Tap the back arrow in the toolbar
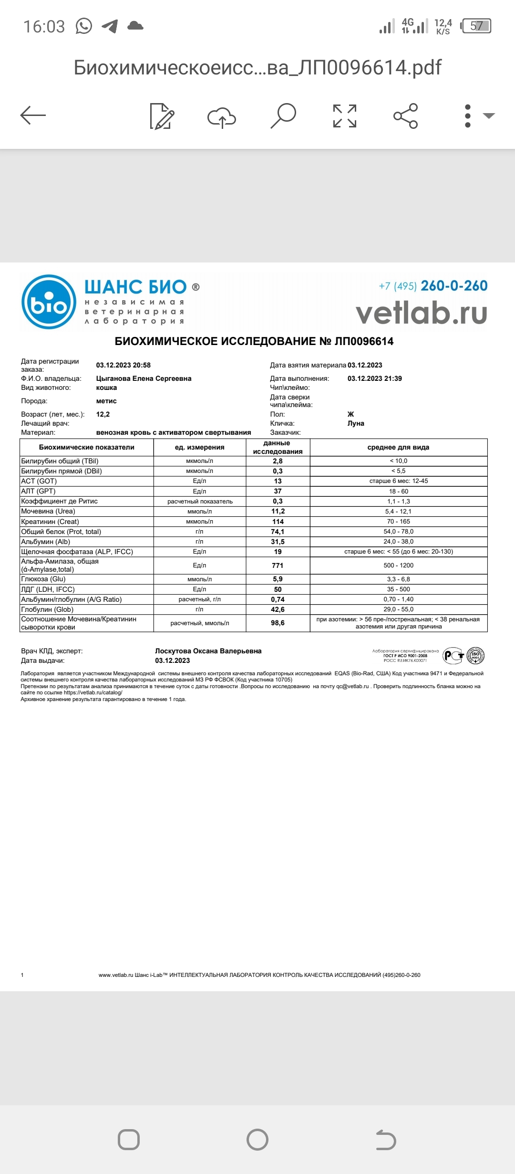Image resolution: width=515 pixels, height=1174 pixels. point(33,115)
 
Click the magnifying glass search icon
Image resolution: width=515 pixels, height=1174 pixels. point(283,115)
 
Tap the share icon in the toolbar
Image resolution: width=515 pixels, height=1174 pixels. point(405,116)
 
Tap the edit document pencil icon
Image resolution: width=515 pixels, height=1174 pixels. point(162,116)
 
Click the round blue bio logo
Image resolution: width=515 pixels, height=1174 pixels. point(49,302)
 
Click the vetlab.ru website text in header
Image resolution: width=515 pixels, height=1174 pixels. point(422,313)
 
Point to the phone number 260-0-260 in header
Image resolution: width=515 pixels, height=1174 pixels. point(454,286)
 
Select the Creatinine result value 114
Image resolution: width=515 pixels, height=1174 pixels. point(278,522)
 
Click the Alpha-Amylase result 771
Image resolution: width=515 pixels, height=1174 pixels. point(278,566)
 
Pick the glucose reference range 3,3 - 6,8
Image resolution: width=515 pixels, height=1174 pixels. point(398,579)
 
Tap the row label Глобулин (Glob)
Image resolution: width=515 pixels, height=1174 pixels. point(47,609)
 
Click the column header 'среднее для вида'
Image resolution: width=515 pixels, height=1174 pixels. point(398,447)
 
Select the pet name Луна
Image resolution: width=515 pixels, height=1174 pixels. point(356,423)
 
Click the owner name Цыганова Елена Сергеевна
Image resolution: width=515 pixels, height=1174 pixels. point(144,378)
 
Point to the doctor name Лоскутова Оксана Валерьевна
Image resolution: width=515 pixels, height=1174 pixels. point(208,651)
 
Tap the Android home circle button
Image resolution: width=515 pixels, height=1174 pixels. point(257,1140)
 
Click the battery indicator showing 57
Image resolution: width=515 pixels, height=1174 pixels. point(476,26)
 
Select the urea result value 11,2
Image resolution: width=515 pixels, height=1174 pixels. point(278,511)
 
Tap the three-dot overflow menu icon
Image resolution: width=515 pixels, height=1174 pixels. point(468,116)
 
